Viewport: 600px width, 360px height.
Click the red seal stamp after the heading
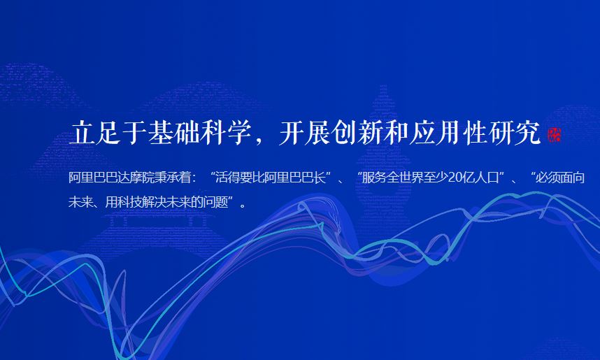click(554, 135)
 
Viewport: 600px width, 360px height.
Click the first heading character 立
click(82, 133)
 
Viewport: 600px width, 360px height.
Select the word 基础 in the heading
click(173, 133)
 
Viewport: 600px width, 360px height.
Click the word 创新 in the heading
click(357, 133)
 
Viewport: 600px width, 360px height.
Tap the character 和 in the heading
click(396, 133)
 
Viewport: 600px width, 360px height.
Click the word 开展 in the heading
click(304, 133)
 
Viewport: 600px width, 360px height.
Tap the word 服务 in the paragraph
click(374, 178)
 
